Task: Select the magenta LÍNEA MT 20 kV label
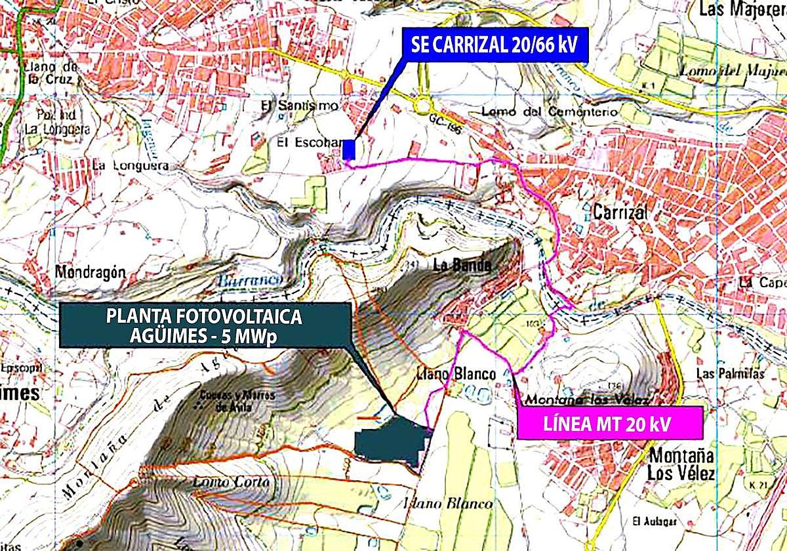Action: pyautogui.click(x=609, y=423)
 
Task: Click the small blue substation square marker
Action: pyautogui.click(x=350, y=150)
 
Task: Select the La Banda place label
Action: pyautogui.click(x=462, y=266)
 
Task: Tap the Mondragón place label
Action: pyautogui.click(x=90, y=272)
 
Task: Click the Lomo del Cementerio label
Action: pyautogui.click(x=548, y=112)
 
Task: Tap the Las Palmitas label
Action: pyautogui.click(x=730, y=374)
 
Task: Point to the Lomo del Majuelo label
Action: pyautogui.click(x=732, y=71)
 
